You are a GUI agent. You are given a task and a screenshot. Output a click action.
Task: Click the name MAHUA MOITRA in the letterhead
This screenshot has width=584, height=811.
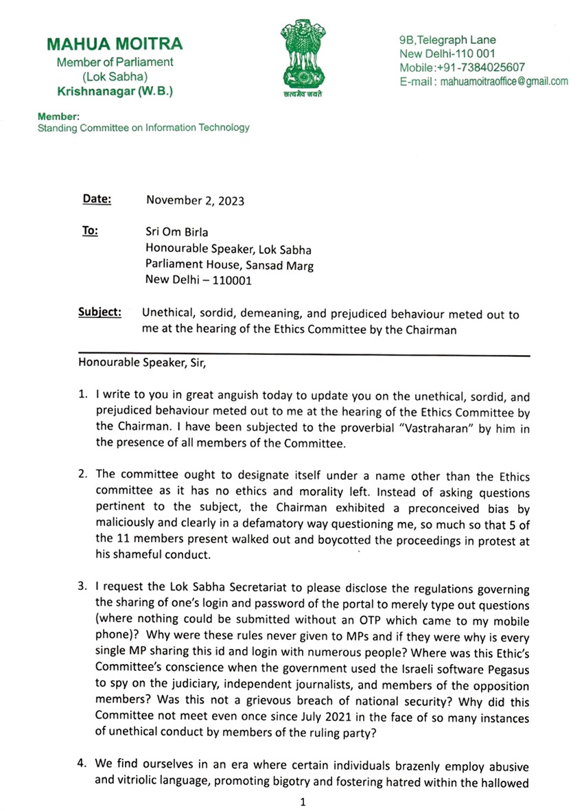pos(115,45)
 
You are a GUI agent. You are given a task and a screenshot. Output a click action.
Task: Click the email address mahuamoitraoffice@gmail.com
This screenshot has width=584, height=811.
pos(504,82)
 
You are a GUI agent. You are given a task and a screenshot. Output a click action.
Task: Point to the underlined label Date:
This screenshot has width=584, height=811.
pos(97,200)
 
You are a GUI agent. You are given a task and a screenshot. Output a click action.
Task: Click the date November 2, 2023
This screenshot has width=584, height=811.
pos(195,201)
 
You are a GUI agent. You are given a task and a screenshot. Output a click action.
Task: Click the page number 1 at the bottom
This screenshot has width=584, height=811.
pos(302,801)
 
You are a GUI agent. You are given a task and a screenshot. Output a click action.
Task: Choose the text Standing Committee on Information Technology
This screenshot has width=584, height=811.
pos(143,128)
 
